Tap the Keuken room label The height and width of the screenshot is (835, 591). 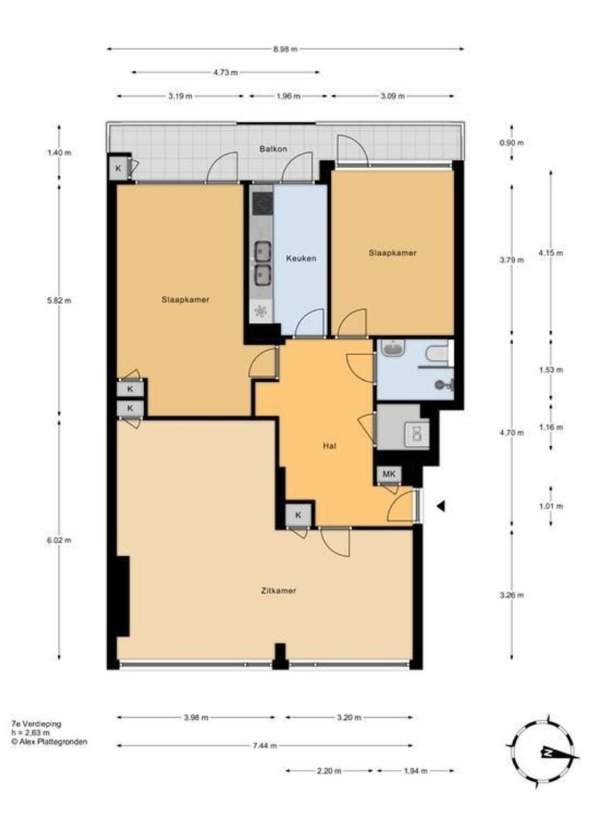pos(300,258)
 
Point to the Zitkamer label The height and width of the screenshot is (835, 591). pos(278,591)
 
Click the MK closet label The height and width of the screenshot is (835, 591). pos(388,474)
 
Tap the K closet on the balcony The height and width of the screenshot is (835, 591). pos(118,169)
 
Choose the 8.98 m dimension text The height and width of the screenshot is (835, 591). pos(285,49)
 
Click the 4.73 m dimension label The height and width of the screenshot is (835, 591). pos(225,73)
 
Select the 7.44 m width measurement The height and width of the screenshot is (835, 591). pos(265,745)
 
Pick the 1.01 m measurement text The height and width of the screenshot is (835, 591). pos(551,506)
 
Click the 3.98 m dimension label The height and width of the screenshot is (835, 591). pos(196,717)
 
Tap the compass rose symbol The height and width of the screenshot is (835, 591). pos(545,751)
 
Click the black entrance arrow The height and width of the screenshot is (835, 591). pos(441,506)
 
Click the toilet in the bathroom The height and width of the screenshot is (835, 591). pos(437,354)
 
